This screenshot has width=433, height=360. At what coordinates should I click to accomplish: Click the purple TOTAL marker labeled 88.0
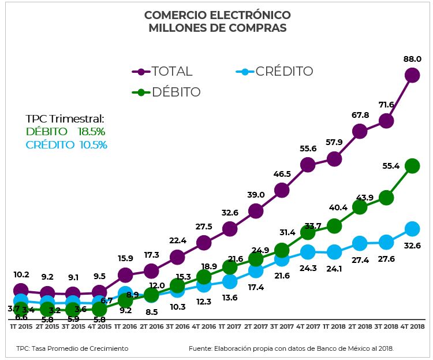(x=412, y=75)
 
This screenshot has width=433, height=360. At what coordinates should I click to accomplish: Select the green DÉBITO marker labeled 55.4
(x=412, y=166)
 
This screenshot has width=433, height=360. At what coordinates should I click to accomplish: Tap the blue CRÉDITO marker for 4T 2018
(x=412, y=229)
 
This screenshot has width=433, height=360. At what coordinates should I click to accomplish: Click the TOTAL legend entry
(x=163, y=72)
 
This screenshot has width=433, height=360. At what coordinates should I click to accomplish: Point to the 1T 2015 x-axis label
(x=21, y=327)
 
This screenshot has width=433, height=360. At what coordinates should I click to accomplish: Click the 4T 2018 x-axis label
(x=412, y=327)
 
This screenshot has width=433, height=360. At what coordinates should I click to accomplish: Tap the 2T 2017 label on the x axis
(x=256, y=327)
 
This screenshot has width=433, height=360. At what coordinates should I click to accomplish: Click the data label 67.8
(x=360, y=115)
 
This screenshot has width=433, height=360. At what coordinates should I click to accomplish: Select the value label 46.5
(x=282, y=173)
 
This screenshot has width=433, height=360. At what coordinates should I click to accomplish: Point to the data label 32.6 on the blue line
(x=412, y=246)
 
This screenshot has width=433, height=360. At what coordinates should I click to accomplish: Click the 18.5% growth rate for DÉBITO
(x=91, y=132)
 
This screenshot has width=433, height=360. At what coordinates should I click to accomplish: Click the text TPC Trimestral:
(x=65, y=119)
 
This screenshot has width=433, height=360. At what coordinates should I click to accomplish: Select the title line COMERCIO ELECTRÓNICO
(x=217, y=14)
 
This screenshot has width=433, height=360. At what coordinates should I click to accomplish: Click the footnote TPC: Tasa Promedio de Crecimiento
(x=72, y=348)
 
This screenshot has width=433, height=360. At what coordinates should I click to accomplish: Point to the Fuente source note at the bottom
(x=295, y=348)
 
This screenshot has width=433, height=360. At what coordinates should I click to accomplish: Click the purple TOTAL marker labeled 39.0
(x=256, y=211)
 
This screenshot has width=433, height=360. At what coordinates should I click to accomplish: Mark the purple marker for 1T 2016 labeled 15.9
(x=125, y=275)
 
